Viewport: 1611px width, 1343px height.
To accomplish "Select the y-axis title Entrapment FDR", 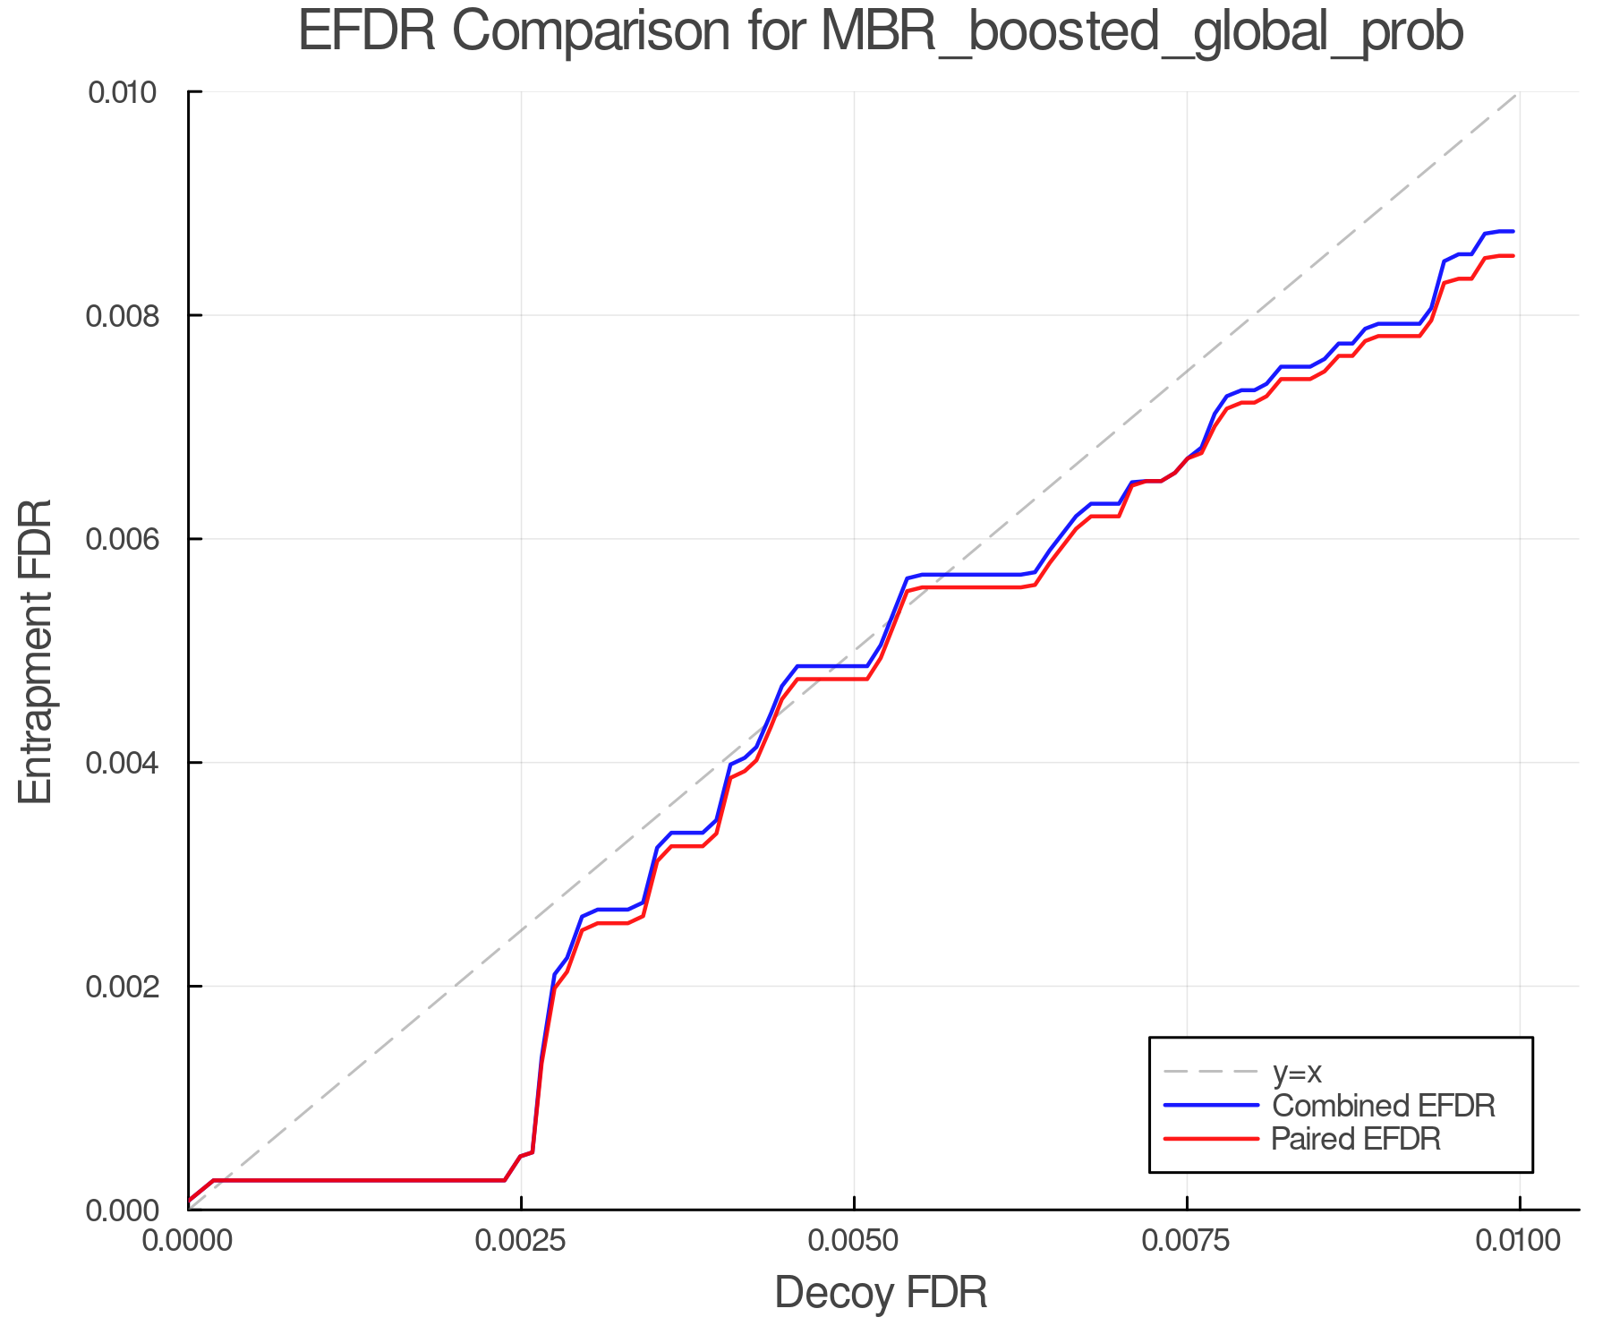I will click(36, 652).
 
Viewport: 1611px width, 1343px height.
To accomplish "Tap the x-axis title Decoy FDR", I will click(881, 1293).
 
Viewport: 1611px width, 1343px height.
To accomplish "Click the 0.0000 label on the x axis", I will click(188, 1241).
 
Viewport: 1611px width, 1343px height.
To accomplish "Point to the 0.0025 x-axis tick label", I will click(521, 1241).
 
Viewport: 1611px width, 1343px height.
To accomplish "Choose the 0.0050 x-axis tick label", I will click(854, 1241).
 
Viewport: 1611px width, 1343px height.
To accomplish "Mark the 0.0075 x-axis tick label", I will click(1187, 1241).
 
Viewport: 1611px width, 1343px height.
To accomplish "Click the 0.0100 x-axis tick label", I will click(1519, 1241).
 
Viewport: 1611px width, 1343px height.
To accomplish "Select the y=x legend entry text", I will click(1297, 1072).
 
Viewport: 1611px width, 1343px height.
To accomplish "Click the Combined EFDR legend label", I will click(1383, 1106).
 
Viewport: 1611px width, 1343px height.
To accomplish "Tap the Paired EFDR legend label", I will click(1356, 1139).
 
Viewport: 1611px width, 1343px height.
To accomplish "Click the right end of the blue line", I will click(1513, 231).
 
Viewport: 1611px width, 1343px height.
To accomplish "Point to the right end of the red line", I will click(1513, 256).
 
